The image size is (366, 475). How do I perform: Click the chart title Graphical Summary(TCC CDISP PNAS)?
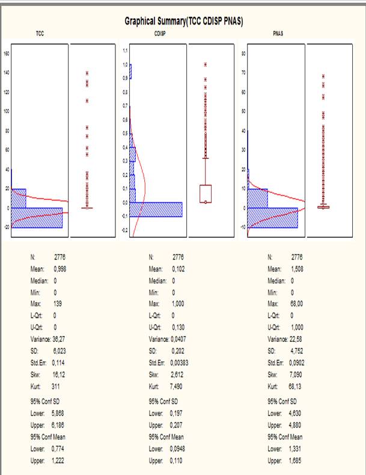click(x=183, y=21)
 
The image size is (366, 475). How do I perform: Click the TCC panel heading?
click(x=40, y=34)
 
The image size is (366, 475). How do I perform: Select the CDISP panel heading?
click(x=160, y=34)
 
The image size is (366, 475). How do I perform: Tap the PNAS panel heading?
click(x=278, y=34)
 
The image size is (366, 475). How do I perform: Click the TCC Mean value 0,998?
click(x=59, y=269)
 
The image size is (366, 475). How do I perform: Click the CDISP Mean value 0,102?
click(x=178, y=269)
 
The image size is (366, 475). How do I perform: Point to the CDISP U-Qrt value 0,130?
click(x=178, y=327)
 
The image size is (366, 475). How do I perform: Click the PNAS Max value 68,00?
click(x=297, y=304)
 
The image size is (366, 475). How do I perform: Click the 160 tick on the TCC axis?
click(x=7, y=53)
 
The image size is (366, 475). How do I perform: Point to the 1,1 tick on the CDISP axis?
click(x=125, y=51)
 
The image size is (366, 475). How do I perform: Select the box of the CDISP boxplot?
click(x=206, y=193)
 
